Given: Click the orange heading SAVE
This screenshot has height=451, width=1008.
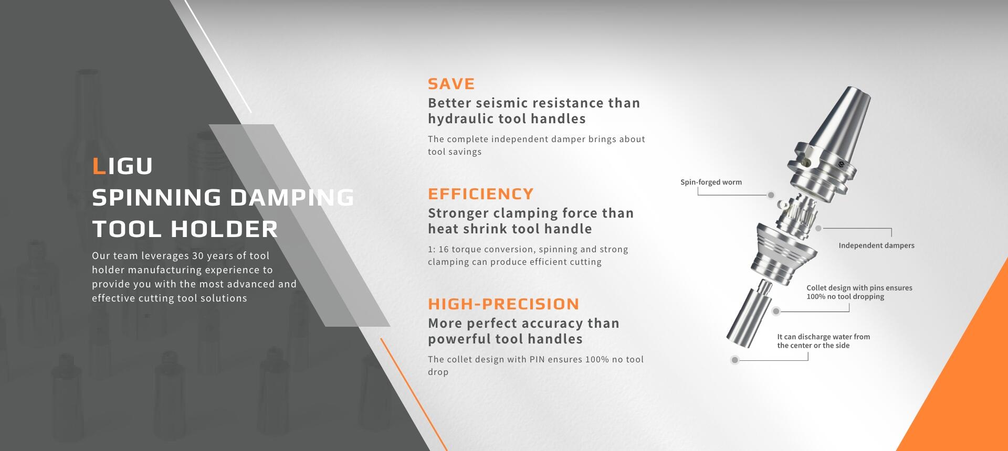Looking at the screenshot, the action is (x=451, y=84).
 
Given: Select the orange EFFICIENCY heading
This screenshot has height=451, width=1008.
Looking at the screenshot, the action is (x=480, y=194).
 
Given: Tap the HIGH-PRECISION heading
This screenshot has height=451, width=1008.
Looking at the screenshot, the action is (x=503, y=304).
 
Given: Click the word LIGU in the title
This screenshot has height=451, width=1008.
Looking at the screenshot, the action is (x=122, y=166).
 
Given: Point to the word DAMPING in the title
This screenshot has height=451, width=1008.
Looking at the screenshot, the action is (x=292, y=198).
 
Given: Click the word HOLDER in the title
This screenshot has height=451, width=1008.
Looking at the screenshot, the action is (x=224, y=229).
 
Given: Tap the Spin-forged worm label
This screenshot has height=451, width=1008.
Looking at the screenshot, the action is (x=711, y=182).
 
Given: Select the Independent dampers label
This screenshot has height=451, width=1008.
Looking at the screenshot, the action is (x=876, y=245).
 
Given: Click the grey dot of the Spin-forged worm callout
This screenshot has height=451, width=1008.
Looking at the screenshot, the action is (x=771, y=195).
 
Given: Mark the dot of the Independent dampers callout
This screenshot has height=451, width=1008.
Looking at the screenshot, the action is (x=818, y=229).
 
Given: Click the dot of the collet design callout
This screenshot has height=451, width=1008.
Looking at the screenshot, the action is (x=776, y=312).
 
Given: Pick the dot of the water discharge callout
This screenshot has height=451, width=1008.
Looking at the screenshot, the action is (x=735, y=360).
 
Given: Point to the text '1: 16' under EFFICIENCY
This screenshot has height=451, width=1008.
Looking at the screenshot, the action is (x=438, y=250).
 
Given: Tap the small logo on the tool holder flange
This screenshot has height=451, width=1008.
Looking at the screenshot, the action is (x=841, y=165).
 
